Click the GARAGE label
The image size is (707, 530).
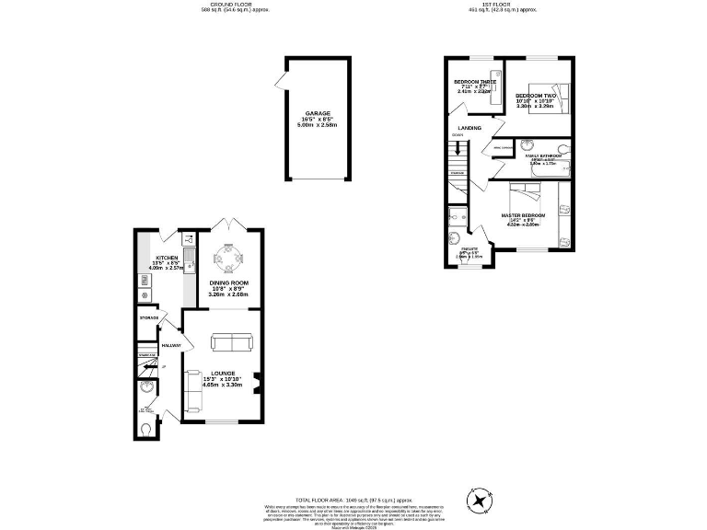pos(318,113)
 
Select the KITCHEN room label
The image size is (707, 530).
pos(167,258)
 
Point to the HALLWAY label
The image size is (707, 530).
pos(171,345)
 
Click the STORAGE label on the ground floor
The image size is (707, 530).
pos(149,317)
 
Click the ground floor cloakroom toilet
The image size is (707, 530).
pos(149,430)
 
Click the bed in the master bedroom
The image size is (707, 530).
pos(528,194)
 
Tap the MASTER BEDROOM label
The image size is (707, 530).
pos(524,215)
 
